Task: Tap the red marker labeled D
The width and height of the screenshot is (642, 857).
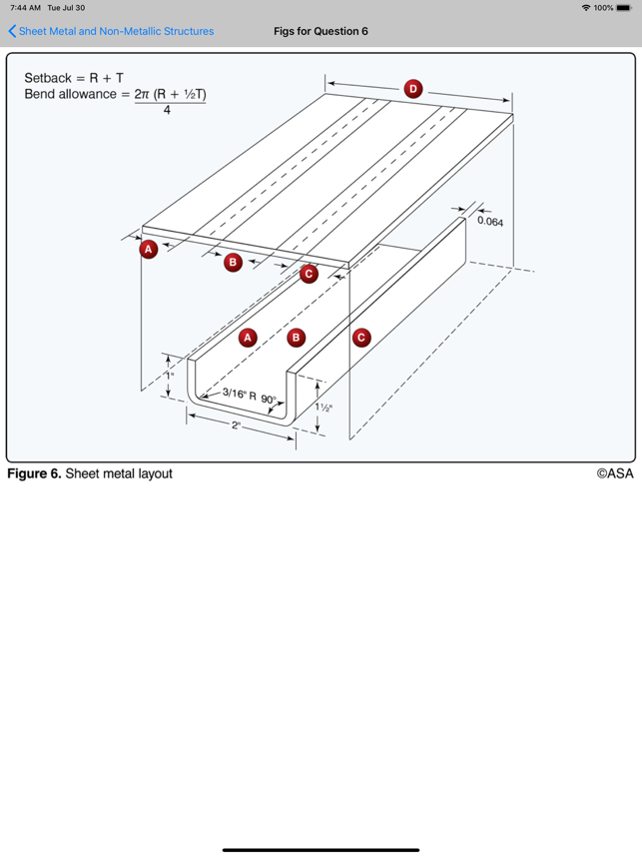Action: click(x=413, y=89)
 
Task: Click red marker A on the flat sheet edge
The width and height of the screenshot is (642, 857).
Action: click(x=149, y=249)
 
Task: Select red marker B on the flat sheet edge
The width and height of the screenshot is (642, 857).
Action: click(x=233, y=262)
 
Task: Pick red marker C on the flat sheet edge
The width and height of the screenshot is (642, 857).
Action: click(x=309, y=273)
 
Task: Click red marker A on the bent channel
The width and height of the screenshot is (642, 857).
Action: click(x=248, y=338)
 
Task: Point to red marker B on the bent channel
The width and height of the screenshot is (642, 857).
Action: click(x=296, y=338)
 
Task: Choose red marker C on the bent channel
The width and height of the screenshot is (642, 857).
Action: click(x=361, y=338)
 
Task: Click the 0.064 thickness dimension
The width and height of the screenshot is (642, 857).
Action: click(x=490, y=222)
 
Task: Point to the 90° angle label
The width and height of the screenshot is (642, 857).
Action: click(x=270, y=399)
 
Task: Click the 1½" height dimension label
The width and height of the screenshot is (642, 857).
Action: click(x=324, y=407)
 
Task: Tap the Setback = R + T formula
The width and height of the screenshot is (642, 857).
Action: click(x=74, y=77)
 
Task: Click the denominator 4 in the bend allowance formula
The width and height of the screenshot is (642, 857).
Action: click(x=167, y=110)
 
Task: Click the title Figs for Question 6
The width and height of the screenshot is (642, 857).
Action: click(x=321, y=31)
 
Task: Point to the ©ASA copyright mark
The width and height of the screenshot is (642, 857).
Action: click(x=614, y=473)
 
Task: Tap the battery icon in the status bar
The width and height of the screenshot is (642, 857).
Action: click(x=623, y=8)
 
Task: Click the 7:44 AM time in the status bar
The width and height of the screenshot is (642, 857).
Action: click(x=24, y=8)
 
